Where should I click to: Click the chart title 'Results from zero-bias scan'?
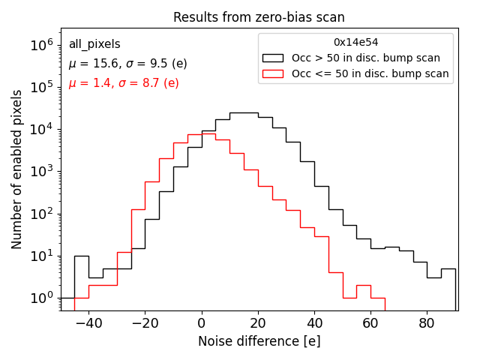point(259,17)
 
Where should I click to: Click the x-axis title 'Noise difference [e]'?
point(259,341)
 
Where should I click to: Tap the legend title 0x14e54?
point(355,42)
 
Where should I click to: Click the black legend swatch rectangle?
point(274,58)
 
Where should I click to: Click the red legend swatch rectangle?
point(274,73)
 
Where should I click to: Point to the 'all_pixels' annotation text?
point(94,44)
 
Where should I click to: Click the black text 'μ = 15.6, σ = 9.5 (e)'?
point(127,64)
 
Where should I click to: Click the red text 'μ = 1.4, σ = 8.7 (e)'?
point(124,82)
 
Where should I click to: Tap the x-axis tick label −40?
point(85,323)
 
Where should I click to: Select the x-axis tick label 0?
point(201,323)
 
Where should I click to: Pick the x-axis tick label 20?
point(258,323)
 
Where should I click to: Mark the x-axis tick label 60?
point(370,323)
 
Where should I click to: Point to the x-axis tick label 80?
point(427,323)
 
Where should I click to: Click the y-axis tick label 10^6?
point(42,45)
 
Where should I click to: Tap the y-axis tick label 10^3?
point(42,172)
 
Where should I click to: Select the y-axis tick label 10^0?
point(42,298)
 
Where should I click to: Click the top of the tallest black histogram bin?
point(244,112)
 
